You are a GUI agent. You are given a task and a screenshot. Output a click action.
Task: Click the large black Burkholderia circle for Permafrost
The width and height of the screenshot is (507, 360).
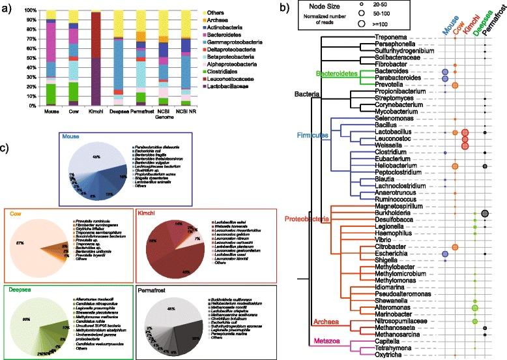[485, 213]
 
